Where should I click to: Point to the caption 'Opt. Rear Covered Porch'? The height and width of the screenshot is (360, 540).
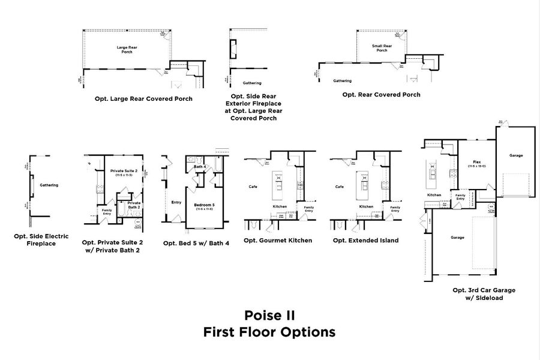pos(381,95)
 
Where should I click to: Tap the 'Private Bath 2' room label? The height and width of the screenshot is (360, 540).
pos(134,205)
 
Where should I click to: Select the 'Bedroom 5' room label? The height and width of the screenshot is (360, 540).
pos(204,205)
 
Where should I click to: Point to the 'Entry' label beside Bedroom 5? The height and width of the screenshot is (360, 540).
pos(176,202)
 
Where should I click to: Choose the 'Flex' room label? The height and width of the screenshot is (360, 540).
pos(477,163)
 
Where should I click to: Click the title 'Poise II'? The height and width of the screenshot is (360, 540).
pos(269,315)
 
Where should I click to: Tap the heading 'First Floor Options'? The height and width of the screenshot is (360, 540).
pos(269,332)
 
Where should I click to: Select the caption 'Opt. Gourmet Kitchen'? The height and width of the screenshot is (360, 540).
pos(278,241)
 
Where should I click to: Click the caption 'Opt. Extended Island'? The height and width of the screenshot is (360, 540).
pos(365,241)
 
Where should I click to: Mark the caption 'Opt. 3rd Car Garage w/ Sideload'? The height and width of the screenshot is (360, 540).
pos(484,293)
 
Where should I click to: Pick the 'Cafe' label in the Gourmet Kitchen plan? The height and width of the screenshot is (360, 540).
pos(253,187)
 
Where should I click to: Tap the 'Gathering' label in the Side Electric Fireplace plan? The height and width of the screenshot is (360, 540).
pos(49,185)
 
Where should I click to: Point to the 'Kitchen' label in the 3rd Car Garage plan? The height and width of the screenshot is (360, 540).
pos(434,195)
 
